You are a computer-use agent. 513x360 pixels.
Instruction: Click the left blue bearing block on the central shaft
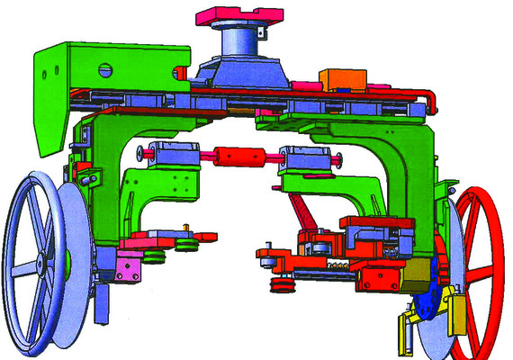click(166, 154)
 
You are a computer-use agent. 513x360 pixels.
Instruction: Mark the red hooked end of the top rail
click(431, 99)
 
